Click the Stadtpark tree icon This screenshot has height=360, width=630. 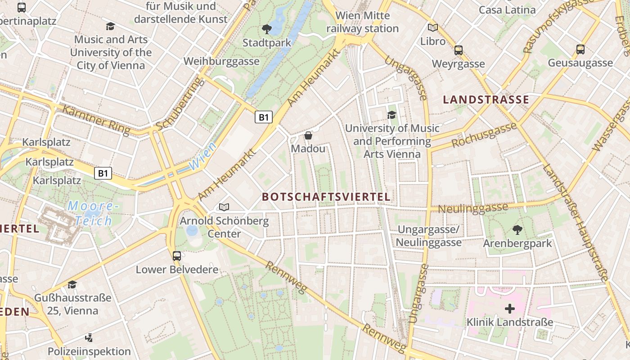click(x=266, y=30)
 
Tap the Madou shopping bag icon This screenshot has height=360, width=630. click(x=308, y=135)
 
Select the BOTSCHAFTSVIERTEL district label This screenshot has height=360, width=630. click(x=326, y=197)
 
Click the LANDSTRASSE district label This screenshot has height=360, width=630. click(x=486, y=99)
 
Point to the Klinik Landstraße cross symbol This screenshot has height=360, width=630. click(x=509, y=309)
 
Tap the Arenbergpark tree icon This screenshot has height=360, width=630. click(x=517, y=230)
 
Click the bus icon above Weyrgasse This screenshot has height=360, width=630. click(x=459, y=50)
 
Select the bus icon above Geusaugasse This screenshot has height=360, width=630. click(x=580, y=49)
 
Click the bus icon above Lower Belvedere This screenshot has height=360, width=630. click(x=177, y=256)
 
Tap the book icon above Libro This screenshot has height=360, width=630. click(x=433, y=28)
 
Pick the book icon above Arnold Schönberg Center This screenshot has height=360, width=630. click(x=224, y=207)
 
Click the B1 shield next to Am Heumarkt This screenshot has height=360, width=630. click(x=264, y=117)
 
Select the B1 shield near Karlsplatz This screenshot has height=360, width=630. click(x=103, y=173)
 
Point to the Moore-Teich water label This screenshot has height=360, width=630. click(x=94, y=213)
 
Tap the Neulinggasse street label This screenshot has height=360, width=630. click(x=472, y=208)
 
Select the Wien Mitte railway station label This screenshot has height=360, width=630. click(x=362, y=22)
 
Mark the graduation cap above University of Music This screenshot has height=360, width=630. click(x=391, y=115)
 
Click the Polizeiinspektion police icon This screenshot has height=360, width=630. click(x=89, y=337)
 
